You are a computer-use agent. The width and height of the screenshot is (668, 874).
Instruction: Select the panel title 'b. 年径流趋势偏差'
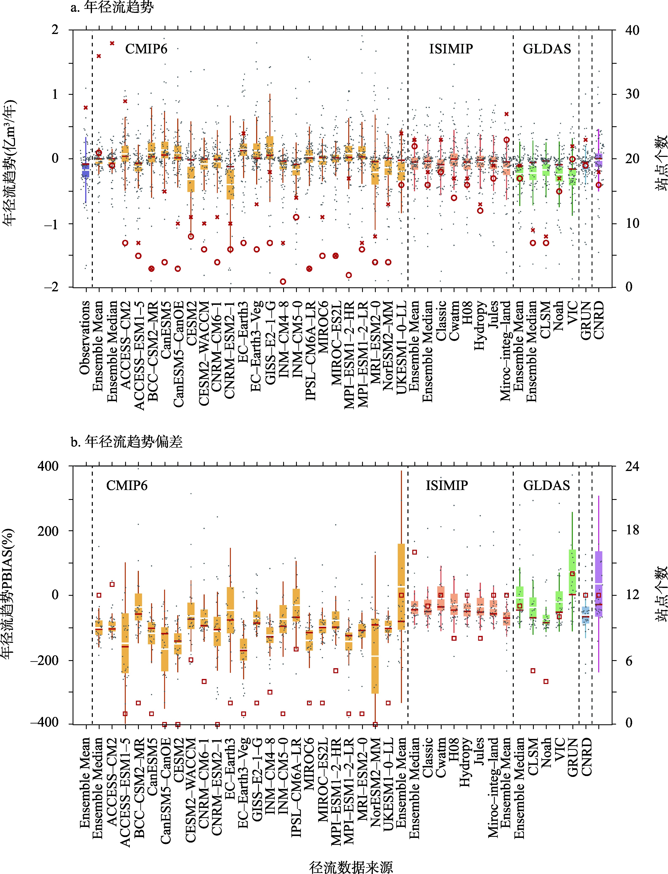(126, 442)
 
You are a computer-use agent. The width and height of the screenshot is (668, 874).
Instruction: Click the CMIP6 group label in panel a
(146, 49)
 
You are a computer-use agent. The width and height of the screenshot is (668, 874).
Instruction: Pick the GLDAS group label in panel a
(547, 49)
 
